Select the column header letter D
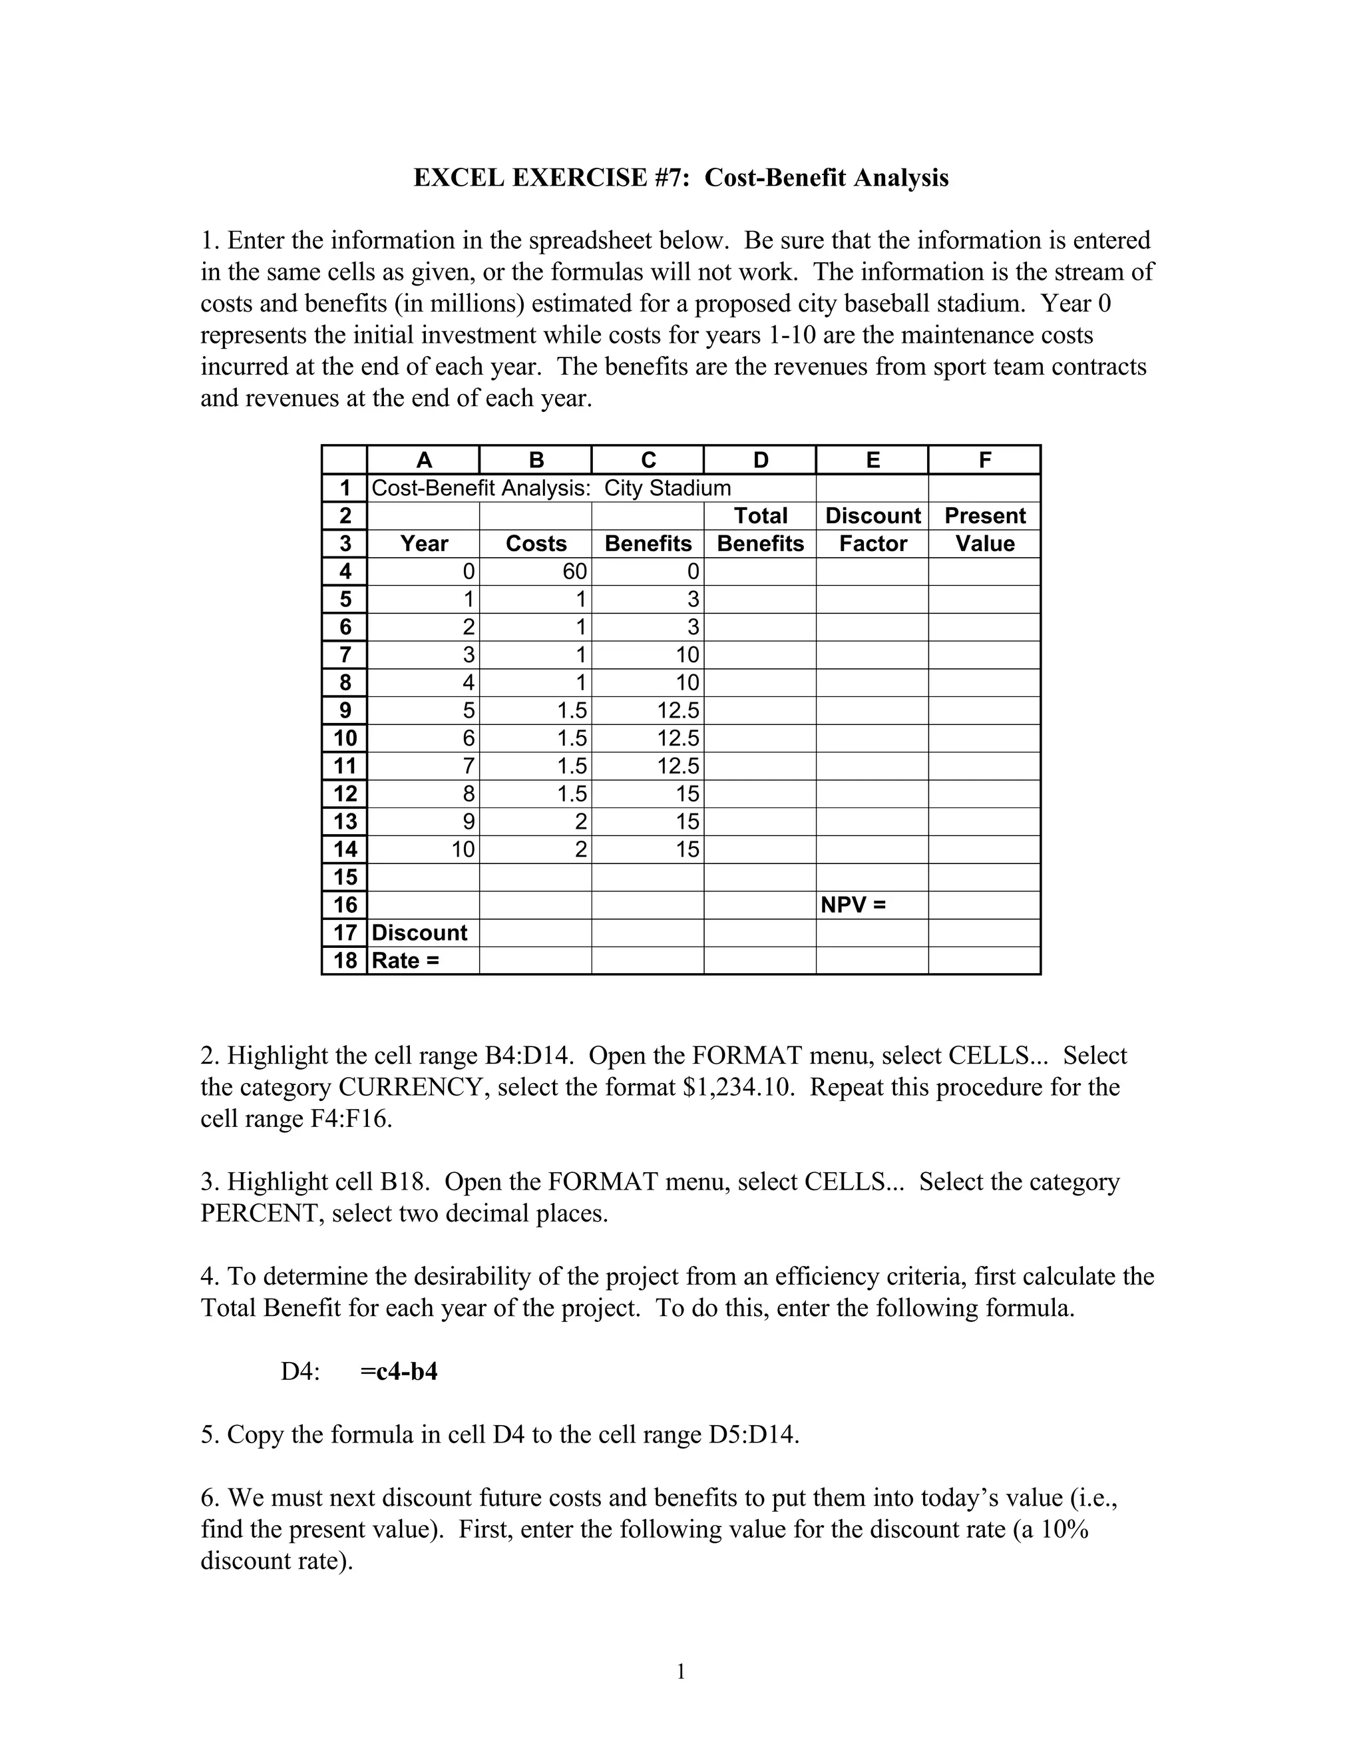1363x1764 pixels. [760, 461]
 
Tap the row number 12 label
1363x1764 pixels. [345, 794]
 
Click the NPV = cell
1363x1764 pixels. [853, 905]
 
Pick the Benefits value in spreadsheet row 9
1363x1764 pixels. [678, 711]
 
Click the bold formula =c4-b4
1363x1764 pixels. [399, 1371]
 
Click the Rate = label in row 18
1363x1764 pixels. [405, 961]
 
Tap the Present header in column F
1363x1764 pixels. [984, 516]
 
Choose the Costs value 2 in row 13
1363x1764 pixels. [580, 822]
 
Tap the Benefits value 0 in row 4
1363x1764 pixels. [692, 572]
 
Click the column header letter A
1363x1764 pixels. [424, 461]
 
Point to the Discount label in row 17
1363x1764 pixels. [419, 933]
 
